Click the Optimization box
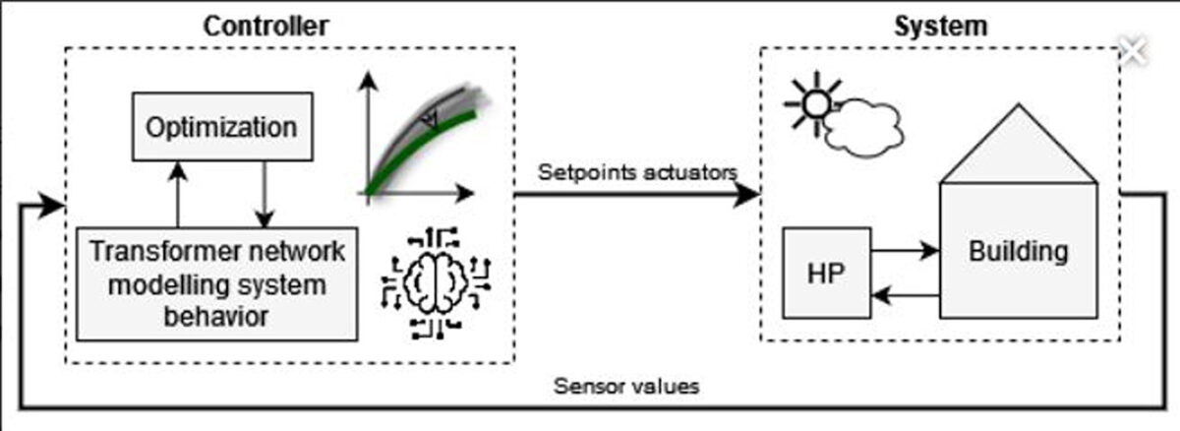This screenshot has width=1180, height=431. (x=221, y=127)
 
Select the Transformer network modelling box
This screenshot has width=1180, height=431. (x=216, y=283)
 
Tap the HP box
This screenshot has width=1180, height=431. (x=826, y=273)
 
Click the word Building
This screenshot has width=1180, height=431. (x=1018, y=251)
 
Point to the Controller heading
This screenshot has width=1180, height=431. (x=265, y=26)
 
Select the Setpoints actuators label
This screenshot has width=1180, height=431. (x=637, y=172)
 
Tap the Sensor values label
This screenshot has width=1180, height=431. (x=626, y=386)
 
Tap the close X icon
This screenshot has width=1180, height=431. (x=1133, y=51)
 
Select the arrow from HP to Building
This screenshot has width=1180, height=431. (x=905, y=252)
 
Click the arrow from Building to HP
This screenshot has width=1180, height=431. (x=905, y=292)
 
